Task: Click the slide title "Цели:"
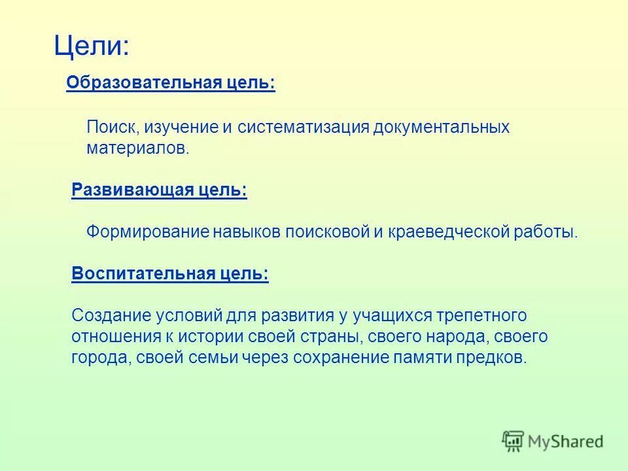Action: [91, 46]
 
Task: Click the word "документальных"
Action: [442, 127]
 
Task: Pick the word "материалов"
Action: [136, 148]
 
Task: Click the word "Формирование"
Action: [148, 232]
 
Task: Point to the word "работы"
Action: [551, 232]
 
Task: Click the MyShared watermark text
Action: [566, 442]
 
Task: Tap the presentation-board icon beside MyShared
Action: [514, 441]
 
